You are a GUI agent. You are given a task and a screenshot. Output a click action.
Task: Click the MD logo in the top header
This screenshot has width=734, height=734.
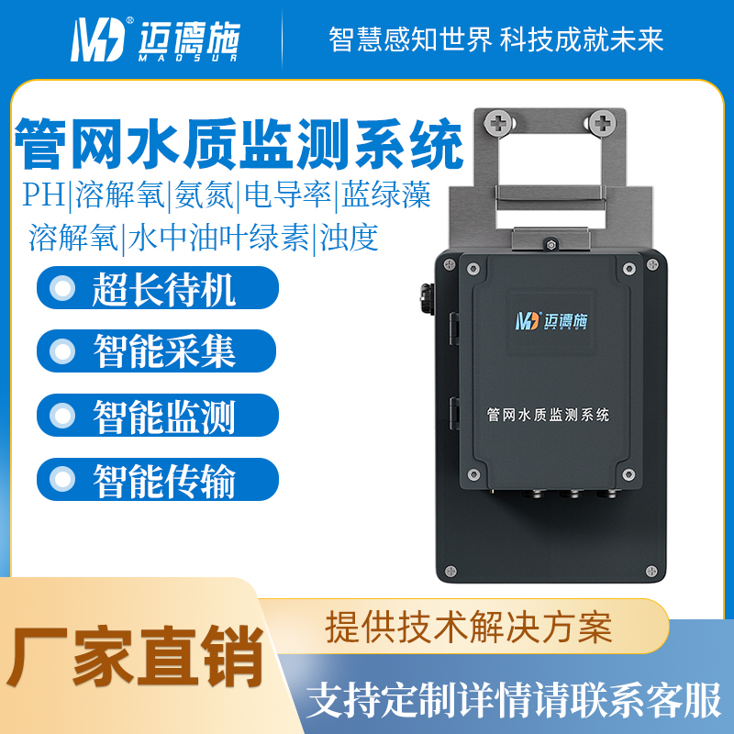pos(98,39)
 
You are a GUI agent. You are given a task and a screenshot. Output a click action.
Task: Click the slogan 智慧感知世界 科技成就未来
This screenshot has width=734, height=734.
pos(495,39)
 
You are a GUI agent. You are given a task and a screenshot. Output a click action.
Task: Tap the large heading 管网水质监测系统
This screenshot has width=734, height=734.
pos(239,144)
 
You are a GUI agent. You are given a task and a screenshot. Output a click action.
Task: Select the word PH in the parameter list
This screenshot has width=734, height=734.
pos(44,195)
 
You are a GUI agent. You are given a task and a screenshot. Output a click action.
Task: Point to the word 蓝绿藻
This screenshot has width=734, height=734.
pos(385,195)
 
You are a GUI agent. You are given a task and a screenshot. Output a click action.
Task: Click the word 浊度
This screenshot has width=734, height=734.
pos(349,238)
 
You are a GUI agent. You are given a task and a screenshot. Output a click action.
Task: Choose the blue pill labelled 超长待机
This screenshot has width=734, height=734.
pos(158,287)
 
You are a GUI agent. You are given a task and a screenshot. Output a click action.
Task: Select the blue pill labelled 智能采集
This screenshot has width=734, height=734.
pos(156,351)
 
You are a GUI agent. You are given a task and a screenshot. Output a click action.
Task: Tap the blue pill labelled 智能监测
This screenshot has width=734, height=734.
pos(158,416)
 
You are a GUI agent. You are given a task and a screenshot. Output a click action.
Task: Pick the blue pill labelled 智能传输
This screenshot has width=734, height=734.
pos(158,479)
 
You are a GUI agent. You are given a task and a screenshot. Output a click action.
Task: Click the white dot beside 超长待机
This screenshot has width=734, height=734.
pos(62,287)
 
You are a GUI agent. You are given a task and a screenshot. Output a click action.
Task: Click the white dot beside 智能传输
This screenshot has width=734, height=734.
pos(62,479)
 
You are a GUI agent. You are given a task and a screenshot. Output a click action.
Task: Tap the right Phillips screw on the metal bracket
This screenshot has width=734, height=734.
pos(602,124)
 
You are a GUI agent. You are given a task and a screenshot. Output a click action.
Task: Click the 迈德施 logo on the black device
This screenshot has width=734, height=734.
pos(551,321)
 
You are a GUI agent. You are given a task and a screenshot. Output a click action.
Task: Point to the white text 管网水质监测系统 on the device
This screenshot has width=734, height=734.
pos(548,415)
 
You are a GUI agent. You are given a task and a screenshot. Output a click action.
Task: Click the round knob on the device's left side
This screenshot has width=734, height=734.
pos(426,299)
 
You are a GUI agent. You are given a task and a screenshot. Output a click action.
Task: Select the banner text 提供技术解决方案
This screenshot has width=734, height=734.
pos(469,627)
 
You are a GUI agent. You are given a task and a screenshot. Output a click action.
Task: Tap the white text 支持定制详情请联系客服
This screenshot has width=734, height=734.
pos(514,700)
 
